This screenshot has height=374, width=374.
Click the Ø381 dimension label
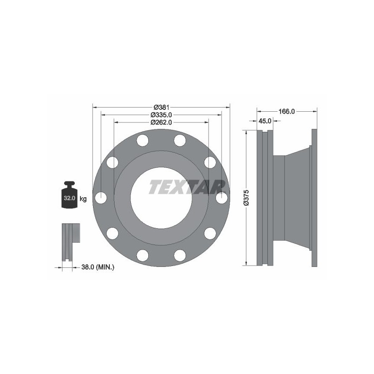pyautogui.click(x=161, y=108)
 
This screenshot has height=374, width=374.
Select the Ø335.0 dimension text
pyautogui.click(x=161, y=115)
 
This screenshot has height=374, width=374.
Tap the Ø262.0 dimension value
pyautogui.click(x=161, y=122)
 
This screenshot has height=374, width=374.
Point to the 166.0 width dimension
pyautogui.click(x=287, y=111)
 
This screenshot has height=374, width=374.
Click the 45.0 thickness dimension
pyautogui.click(x=265, y=121)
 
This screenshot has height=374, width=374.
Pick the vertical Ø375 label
pyautogui.click(x=246, y=197)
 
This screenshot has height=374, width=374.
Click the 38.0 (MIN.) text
pyautogui.click(x=98, y=267)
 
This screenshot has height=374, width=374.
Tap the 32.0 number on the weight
pyautogui.click(x=70, y=198)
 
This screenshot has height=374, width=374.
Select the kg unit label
pyautogui.click(x=83, y=198)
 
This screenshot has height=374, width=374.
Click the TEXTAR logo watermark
pyautogui.click(x=187, y=187)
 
